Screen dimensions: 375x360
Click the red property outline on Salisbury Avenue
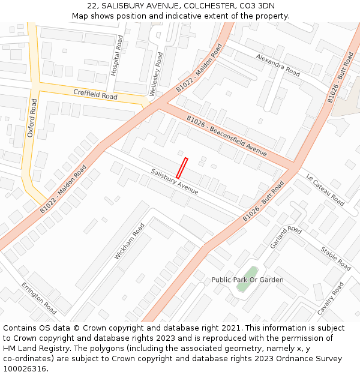point(181,167)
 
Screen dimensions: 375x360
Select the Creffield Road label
point(95,95)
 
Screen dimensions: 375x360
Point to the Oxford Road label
point(32,118)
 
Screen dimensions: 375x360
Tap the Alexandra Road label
point(278,65)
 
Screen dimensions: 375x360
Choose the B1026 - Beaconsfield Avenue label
point(226,136)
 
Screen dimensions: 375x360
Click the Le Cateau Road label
point(325,190)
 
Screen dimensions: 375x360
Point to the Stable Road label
point(335,258)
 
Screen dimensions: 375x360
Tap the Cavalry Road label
point(331,299)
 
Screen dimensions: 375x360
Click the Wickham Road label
point(130,241)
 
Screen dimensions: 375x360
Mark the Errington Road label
point(38,298)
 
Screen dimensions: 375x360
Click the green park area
point(247,279)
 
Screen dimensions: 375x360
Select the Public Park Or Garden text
point(247,280)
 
